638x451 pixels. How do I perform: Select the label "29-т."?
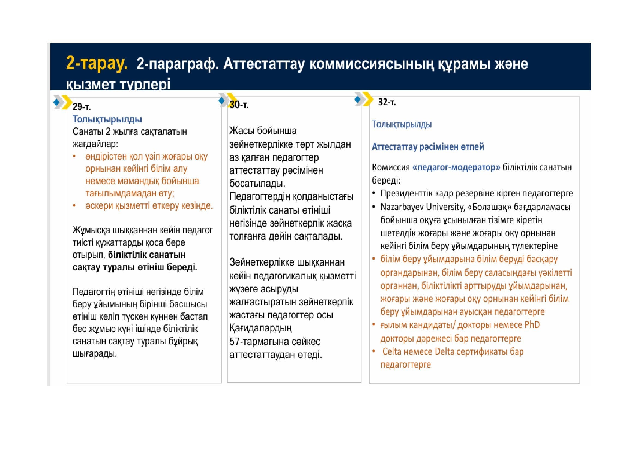(x=81, y=107)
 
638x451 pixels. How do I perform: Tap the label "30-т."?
(x=239, y=104)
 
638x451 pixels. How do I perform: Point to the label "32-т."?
(x=387, y=102)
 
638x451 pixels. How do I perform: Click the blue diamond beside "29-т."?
(x=56, y=102)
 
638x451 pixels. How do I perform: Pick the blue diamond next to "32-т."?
(x=358, y=99)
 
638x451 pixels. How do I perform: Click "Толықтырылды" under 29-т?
(x=107, y=119)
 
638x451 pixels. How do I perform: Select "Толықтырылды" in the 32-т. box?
(x=402, y=124)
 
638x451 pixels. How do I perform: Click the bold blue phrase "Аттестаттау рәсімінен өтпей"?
(x=428, y=147)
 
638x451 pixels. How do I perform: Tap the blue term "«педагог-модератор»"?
(x=456, y=167)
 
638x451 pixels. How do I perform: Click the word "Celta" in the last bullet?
(x=392, y=351)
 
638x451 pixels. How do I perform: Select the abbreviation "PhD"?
(x=532, y=325)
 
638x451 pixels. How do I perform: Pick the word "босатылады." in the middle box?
(x=257, y=184)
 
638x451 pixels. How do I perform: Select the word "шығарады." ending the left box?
(x=94, y=354)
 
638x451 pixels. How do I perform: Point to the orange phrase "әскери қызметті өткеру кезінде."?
(x=149, y=206)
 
